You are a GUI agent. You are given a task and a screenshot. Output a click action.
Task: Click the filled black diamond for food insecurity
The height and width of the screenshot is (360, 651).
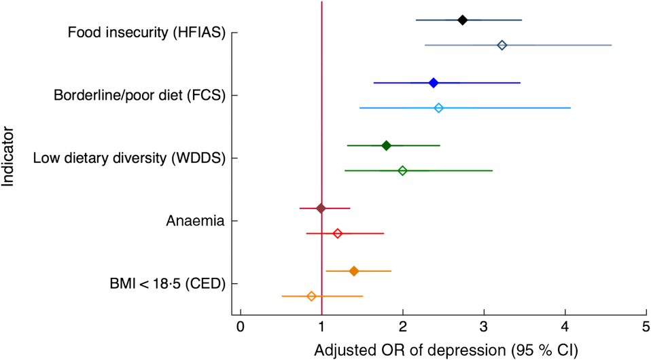click(462, 20)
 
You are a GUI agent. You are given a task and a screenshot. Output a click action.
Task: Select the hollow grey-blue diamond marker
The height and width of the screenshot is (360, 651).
click(502, 45)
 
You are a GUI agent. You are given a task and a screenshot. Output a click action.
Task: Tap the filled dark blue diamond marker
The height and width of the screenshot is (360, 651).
click(434, 83)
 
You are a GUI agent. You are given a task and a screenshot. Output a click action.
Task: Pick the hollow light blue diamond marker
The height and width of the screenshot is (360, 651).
click(438, 108)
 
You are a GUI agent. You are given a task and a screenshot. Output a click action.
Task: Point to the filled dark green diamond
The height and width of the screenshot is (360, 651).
click(386, 145)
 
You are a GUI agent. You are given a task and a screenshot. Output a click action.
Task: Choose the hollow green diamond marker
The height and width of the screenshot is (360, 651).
click(402, 170)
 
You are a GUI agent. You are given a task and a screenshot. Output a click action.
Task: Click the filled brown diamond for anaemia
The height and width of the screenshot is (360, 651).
click(321, 208)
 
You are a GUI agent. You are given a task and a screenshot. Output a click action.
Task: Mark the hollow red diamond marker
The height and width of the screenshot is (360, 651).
click(337, 233)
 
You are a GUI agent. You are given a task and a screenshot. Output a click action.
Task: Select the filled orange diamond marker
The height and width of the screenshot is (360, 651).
click(353, 271)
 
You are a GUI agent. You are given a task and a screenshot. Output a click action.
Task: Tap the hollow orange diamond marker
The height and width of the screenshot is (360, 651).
click(311, 296)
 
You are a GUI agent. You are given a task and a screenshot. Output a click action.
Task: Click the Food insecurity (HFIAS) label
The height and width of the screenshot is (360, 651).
click(146, 33)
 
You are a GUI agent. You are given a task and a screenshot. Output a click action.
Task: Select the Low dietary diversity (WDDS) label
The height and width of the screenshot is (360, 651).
click(128, 158)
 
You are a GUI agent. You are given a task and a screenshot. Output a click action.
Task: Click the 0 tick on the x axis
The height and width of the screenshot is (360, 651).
click(240, 327)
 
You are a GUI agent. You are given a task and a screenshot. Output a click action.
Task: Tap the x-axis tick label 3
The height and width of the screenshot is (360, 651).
click(484, 327)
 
